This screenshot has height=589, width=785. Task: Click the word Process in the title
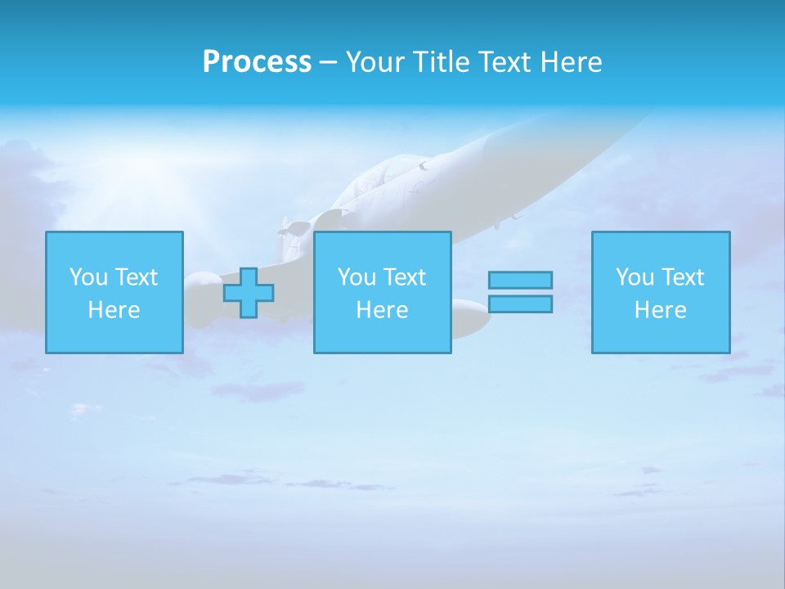click(257, 62)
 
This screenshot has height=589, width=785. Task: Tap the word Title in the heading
click(441, 62)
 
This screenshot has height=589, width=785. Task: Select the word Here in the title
click(570, 62)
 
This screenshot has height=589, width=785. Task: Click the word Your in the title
click(376, 62)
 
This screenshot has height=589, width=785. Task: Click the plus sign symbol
click(249, 293)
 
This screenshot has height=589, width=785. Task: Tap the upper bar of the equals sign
click(520, 281)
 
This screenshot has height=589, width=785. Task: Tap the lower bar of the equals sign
click(520, 304)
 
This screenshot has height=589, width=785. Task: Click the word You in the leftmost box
click(89, 277)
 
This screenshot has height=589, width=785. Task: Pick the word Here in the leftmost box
click(114, 310)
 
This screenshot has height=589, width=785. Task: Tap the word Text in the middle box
click(405, 277)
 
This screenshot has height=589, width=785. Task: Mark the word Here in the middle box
click(382, 310)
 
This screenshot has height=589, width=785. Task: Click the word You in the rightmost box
click(635, 277)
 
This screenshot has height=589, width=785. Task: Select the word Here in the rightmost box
click(660, 310)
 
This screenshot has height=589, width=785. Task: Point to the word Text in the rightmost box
click(683, 277)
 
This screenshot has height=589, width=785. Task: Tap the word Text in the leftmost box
click(137, 277)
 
